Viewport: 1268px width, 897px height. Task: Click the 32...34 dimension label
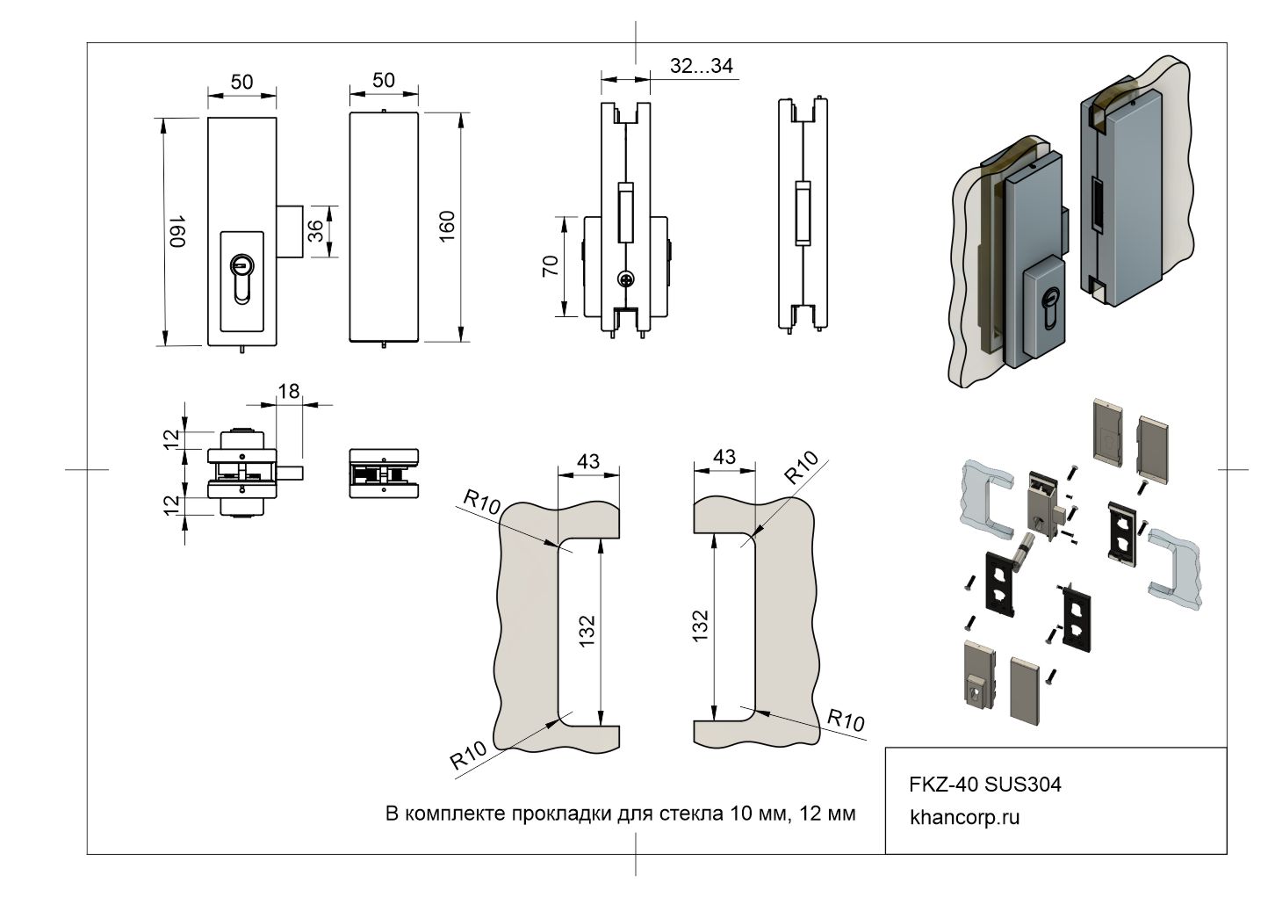[x=701, y=66]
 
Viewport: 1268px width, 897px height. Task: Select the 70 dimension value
[x=551, y=266]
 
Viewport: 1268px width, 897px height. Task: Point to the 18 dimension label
[x=288, y=391]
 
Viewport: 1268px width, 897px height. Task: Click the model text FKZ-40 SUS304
[x=984, y=784]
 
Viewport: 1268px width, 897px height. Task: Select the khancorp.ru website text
[x=965, y=817]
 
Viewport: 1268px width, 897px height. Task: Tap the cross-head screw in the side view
[x=625, y=279]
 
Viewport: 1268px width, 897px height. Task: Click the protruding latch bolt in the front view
[x=291, y=231]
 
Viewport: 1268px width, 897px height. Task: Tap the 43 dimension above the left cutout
[x=588, y=460]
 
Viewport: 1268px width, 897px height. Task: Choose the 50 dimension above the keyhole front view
[x=241, y=82]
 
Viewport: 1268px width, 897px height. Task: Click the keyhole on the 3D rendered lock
[x=1047, y=312]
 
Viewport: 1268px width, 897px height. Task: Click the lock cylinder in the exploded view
[x=1022, y=553]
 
